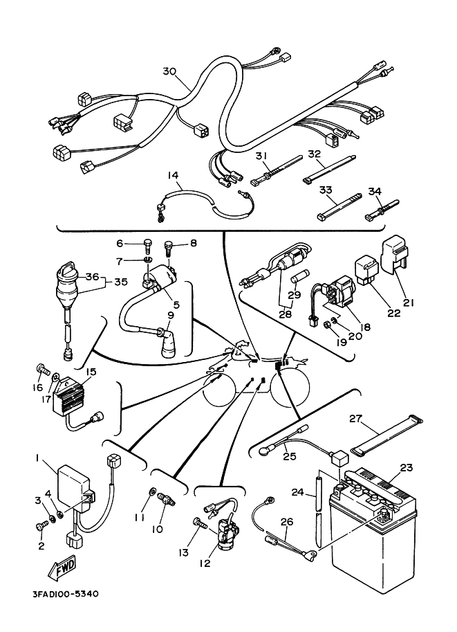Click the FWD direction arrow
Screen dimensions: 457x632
[x=62, y=568]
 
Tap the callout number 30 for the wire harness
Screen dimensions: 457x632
[x=170, y=71]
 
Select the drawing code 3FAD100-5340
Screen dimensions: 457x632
[x=65, y=594]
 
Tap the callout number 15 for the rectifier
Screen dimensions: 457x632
[x=91, y=371]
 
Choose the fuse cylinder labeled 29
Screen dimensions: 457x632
[x=297, y=280]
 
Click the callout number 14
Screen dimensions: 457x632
[x=174, y=175]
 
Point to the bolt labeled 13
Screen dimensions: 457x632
[x=200, y=523]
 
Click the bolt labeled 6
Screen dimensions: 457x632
[x=147, y=244]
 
